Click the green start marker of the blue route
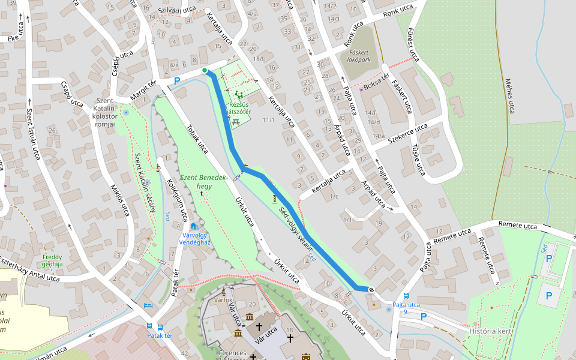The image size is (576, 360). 205,71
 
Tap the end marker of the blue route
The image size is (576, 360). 371,290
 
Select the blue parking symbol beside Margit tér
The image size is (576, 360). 176,81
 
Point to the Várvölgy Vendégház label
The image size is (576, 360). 193,239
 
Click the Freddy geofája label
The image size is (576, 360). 52,260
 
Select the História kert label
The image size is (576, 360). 491,331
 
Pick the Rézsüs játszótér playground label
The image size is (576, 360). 239,108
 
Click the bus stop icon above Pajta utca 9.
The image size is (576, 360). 406,296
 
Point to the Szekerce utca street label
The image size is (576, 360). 407,133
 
